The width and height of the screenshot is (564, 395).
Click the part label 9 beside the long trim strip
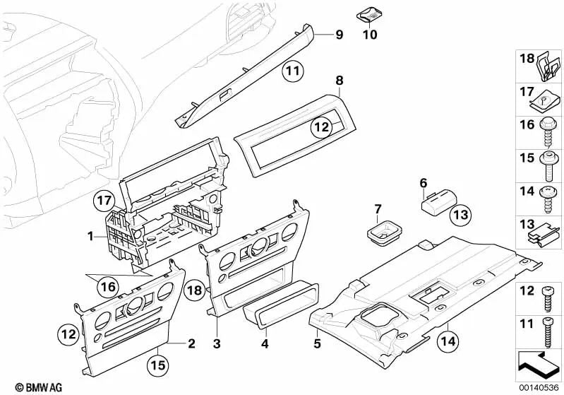(x=339, y=35)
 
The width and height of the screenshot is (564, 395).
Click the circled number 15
(x=158, y=366)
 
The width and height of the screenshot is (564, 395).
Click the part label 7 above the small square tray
(x=377, y=208)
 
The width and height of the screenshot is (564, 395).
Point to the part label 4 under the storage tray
(x=264, y=344)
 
